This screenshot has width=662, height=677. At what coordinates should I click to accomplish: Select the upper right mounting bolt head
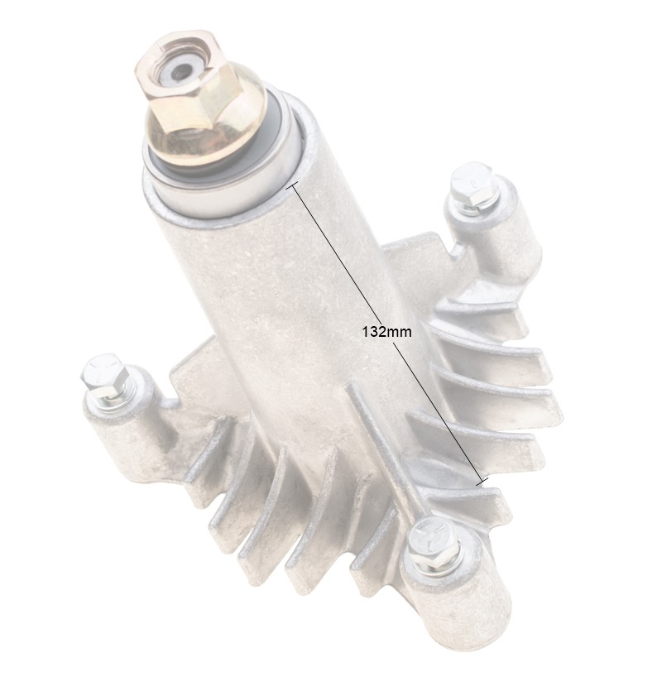(x=473, y=185)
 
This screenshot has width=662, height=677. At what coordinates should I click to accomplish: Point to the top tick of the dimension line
(x=292, y=186)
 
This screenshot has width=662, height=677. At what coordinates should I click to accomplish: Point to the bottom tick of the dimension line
(x=482, y=482)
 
